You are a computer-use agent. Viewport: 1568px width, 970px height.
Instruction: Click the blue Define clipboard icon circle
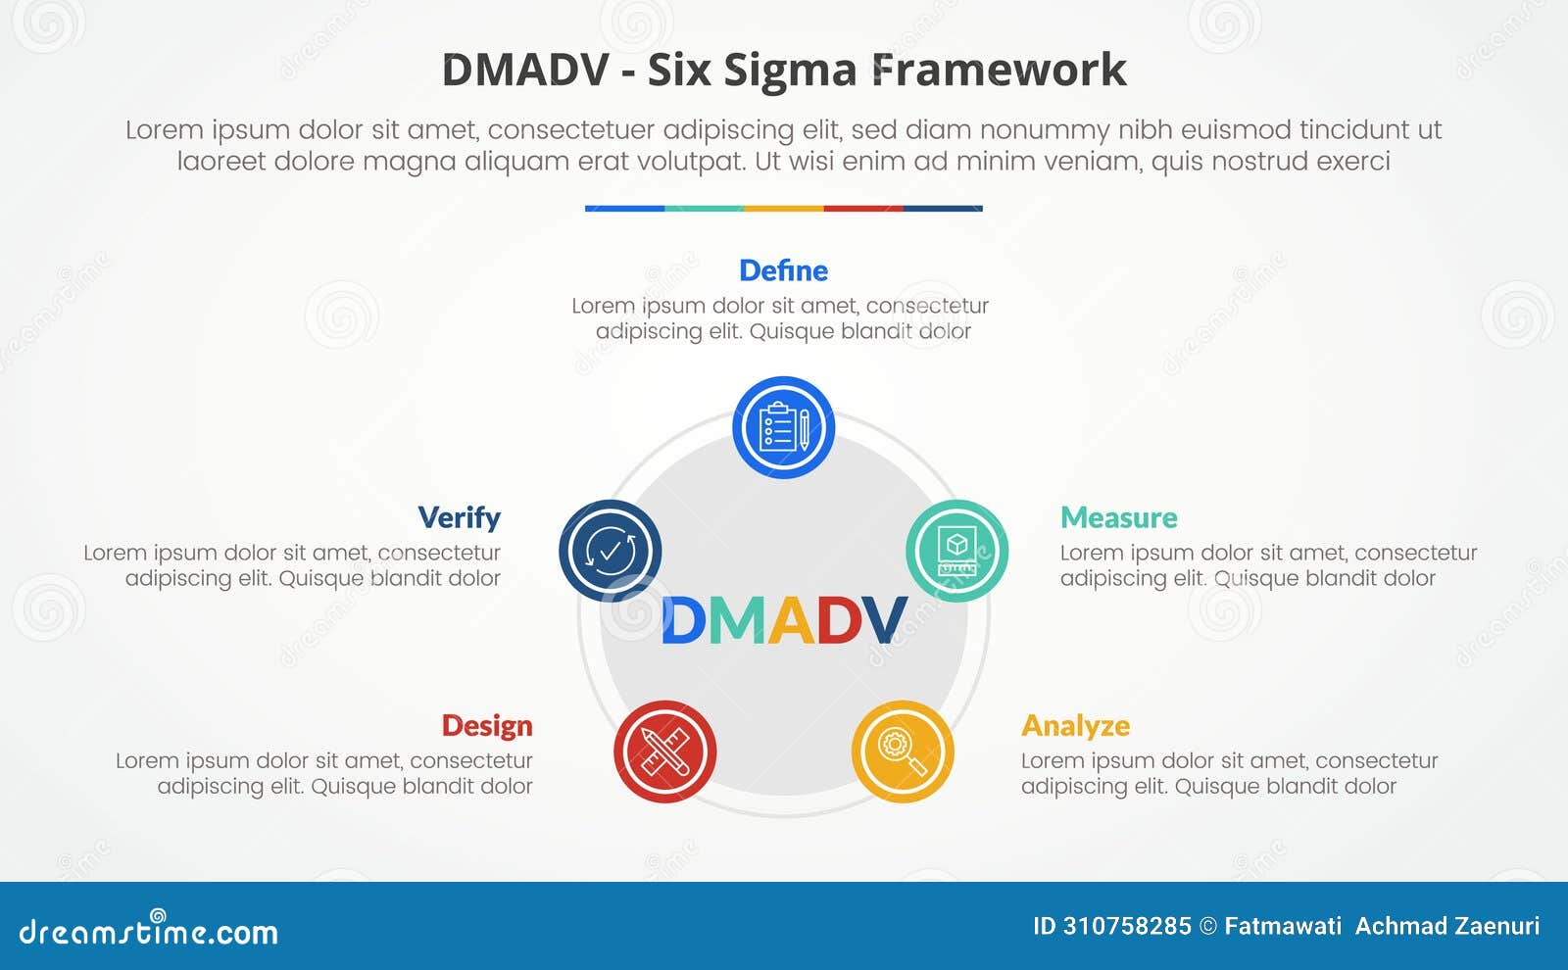pos(783,427)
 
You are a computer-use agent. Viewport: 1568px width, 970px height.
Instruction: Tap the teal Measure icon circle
pos(956,551)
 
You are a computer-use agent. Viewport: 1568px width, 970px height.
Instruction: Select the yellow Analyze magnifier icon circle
pos(902,752)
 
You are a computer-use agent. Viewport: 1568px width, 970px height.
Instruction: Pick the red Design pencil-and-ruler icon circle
pos(664,752)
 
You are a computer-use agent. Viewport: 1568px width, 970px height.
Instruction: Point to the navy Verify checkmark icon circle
pos(610,551)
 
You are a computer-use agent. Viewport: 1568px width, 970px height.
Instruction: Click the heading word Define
pos(783,270)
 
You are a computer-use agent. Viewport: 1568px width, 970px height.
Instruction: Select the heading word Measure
pos(1118,517)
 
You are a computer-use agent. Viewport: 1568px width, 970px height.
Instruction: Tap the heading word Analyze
pos(1075,725)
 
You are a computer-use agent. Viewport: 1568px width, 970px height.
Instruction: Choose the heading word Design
pos(487,725)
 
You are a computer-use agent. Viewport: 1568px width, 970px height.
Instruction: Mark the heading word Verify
pos(459,517)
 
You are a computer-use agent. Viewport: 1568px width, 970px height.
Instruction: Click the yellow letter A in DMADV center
pos(790,621)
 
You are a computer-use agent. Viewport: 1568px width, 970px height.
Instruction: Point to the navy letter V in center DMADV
pos(884,621)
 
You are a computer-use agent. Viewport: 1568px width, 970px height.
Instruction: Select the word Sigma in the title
pos(793,71)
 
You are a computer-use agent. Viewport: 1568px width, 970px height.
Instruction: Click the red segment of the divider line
pos(862,208)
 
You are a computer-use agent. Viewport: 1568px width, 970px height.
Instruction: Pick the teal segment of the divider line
pos(704,208)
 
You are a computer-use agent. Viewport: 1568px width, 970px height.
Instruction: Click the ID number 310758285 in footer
pos(1127,926)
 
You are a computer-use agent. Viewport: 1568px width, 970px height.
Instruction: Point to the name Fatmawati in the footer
pos(1283,926)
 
